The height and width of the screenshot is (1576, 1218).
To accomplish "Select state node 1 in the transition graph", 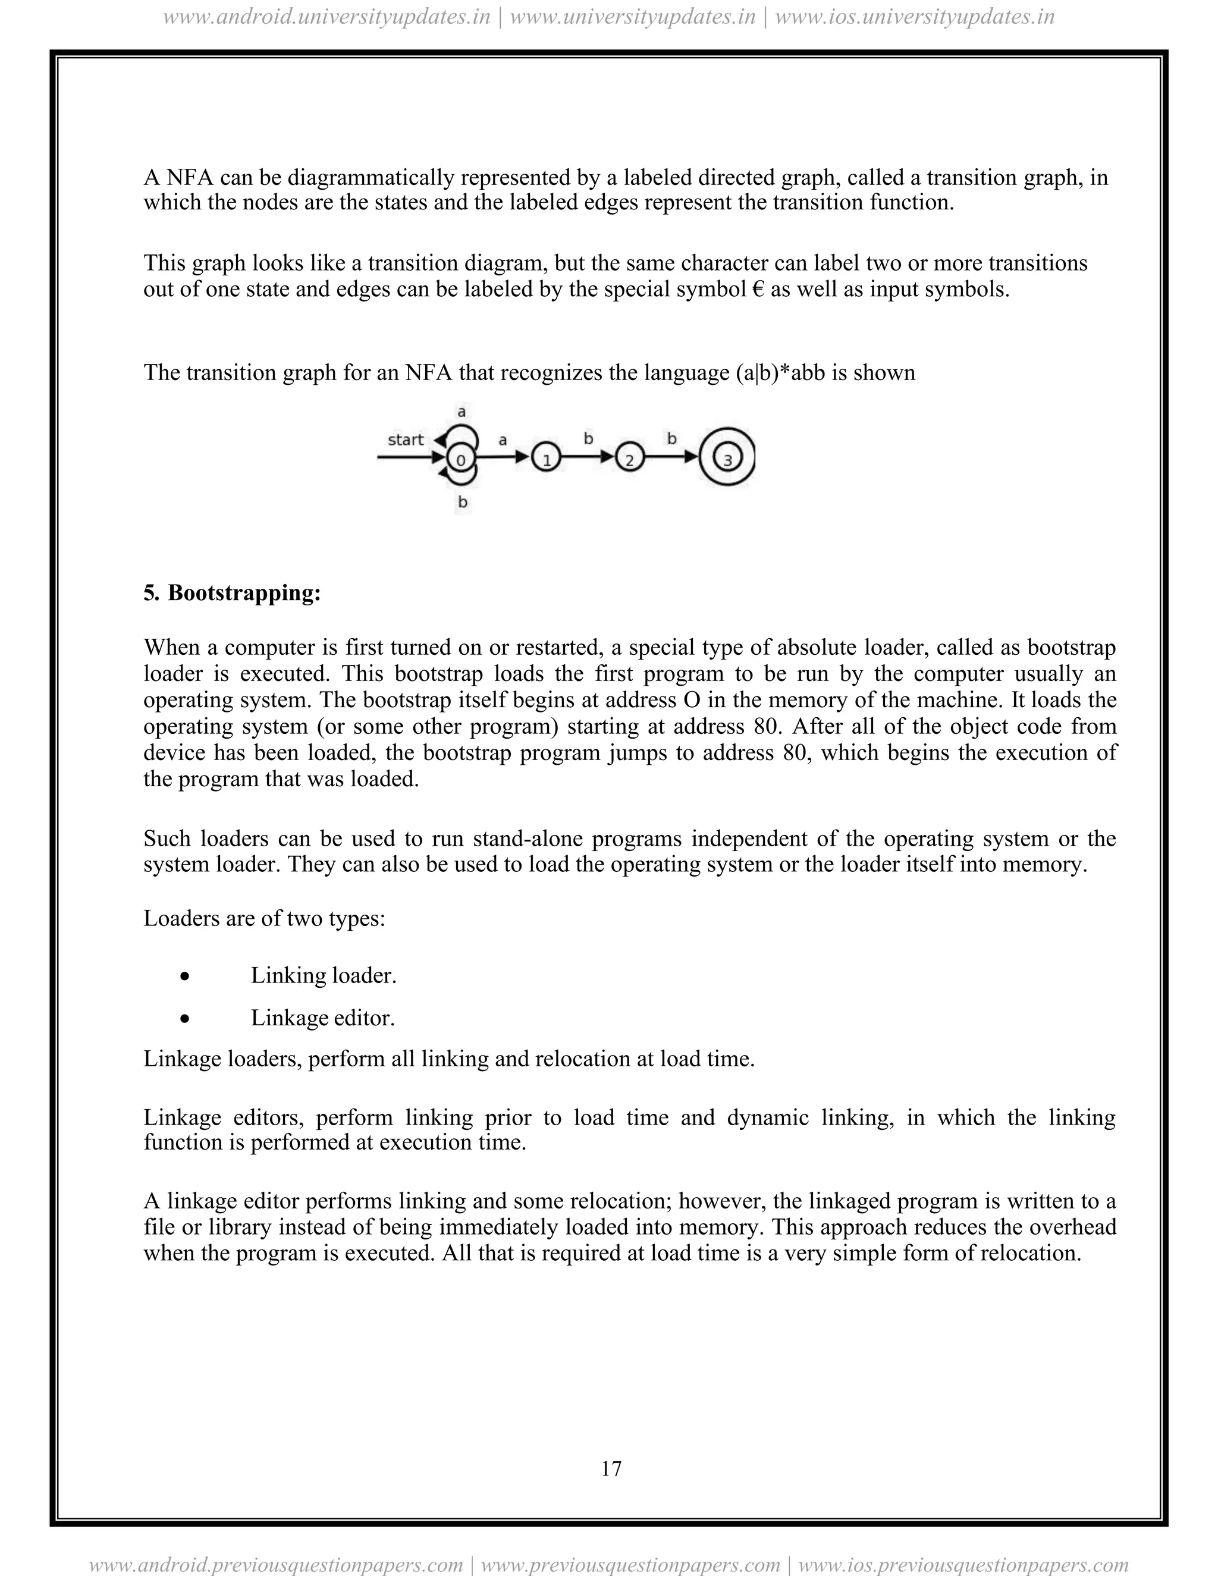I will click(546, 458).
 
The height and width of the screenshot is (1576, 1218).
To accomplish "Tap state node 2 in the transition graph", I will click(630, 458).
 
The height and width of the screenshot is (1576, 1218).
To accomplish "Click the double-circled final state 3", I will click(727, 458).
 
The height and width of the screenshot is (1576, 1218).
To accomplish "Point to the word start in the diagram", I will click(406, 439).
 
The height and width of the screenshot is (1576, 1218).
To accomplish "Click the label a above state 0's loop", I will click(462, 412).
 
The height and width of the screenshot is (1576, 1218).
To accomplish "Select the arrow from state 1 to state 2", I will click(588, 457).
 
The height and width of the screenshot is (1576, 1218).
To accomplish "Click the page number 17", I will click(610, 1468).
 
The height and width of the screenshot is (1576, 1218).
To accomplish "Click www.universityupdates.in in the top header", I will click(632, 17).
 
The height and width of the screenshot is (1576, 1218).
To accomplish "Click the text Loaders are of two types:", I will click(264, 919).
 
